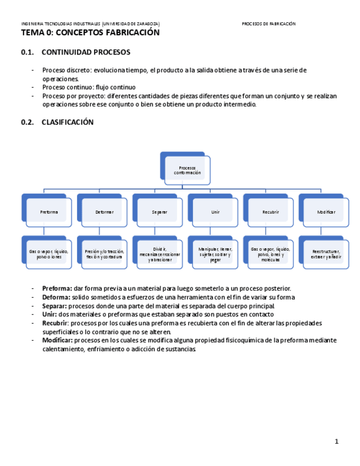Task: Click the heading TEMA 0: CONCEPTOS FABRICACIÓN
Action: point(90,33)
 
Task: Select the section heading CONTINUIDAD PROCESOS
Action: point(86,53)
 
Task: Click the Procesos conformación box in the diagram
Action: point(187,171)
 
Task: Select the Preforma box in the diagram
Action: point(48,212)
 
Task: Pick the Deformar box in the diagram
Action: point(104,212)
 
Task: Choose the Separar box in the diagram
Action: point(159,212)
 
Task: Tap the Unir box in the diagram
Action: point(215,212)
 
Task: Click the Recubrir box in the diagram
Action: point(270,212)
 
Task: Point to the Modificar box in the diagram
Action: point(326,212)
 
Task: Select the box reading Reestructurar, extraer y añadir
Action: point(326,254)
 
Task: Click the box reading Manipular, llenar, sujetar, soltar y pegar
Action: point(215,254)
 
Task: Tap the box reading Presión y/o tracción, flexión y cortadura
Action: point(104,254)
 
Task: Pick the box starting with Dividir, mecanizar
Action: point(159,254)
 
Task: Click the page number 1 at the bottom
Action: point(337,441)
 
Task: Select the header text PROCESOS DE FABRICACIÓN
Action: point(269,24)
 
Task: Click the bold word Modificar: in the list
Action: point(58,341)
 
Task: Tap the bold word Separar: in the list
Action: point(54,306)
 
